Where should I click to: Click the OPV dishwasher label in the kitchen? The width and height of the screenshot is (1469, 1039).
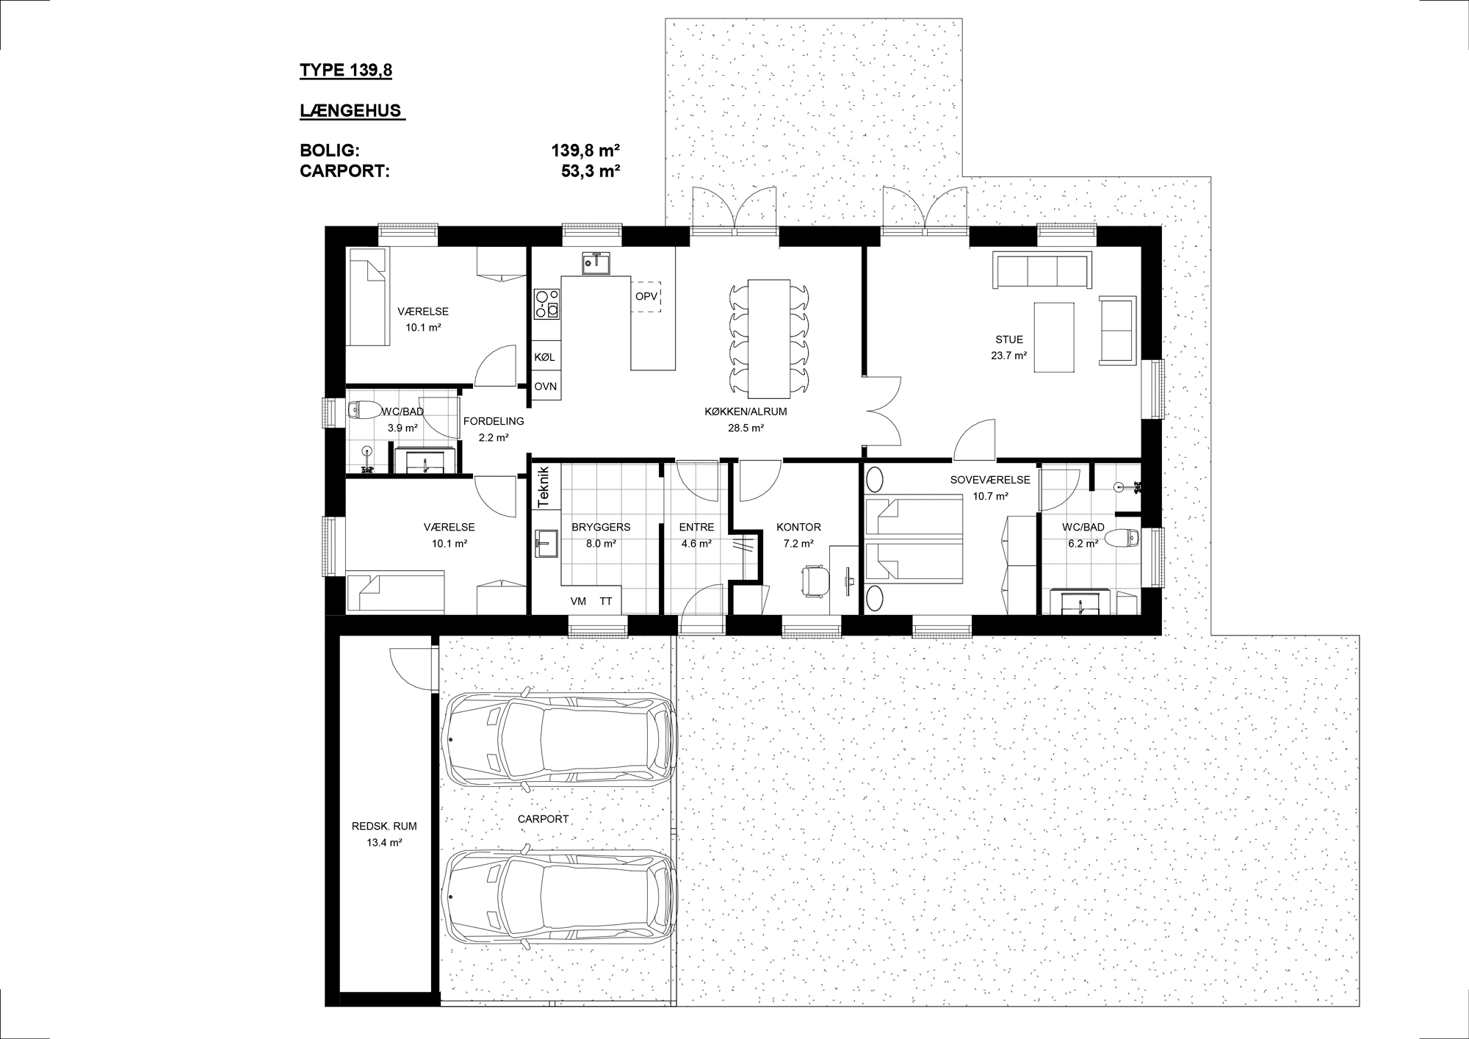[646, 297]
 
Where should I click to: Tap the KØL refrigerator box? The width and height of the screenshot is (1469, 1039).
[546, 357]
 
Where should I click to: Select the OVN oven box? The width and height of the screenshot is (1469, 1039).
[546, 387]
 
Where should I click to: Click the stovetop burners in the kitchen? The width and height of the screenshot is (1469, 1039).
[546, 303]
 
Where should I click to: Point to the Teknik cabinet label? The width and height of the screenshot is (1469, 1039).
[544, 487]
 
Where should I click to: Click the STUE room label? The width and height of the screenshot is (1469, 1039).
[1009, 339]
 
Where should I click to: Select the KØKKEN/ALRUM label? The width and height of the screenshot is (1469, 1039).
[746, 411]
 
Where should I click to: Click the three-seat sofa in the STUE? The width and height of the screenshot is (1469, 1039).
[1042, 271]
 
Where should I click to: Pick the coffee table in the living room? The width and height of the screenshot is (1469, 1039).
[1053, 337]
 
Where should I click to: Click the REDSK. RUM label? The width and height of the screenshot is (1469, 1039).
[384, 826]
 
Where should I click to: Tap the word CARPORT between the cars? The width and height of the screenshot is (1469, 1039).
[544, 819]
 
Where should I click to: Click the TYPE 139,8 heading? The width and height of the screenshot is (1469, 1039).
[346, 71]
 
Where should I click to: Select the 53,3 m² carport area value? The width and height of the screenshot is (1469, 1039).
[591, 171]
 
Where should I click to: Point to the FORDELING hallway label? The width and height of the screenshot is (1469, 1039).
[494, 421]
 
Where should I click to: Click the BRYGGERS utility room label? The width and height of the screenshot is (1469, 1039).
[601, 527]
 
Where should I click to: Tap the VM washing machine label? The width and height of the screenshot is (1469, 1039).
[578, 601]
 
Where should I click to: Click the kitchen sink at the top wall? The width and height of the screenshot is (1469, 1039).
[596, 262]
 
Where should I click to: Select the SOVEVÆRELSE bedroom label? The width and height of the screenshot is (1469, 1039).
[990, 480]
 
